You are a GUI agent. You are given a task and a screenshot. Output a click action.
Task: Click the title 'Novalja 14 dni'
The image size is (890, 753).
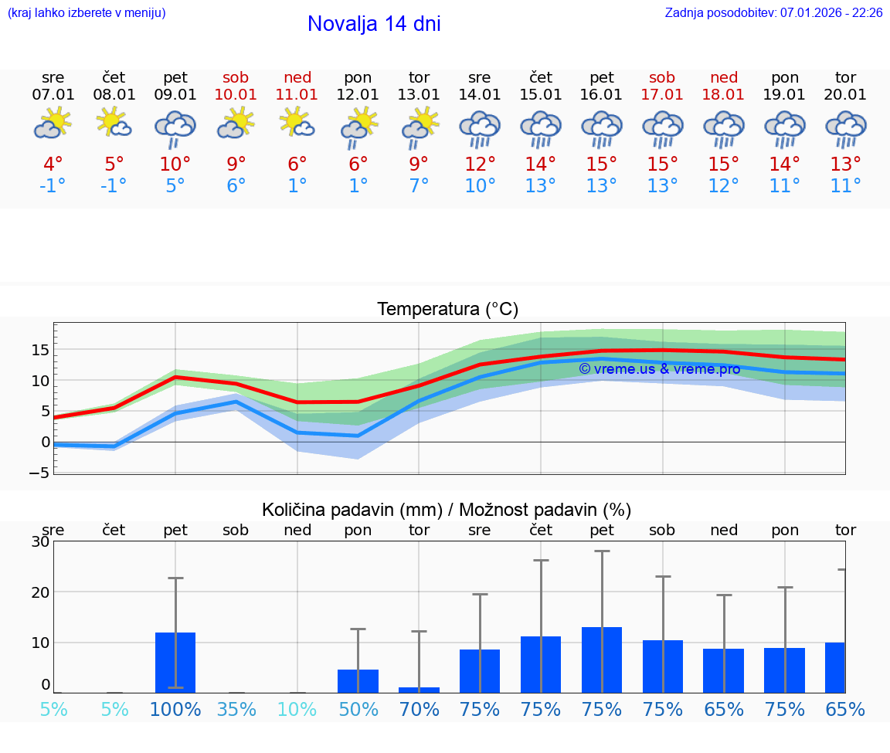click(374, 24)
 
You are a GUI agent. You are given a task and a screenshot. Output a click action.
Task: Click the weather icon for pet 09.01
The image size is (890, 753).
click(175, 128)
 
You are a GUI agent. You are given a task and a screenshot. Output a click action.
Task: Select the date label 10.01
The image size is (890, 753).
click(236, 95)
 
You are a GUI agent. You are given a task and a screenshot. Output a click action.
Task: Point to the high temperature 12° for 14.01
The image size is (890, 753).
click(480, 165)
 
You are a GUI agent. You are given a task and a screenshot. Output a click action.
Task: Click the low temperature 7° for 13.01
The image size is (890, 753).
click(419, 186)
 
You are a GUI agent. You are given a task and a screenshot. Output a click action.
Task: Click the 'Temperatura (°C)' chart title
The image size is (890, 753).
click(447, 310)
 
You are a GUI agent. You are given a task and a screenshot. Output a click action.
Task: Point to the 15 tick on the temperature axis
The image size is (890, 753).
click(40, 350)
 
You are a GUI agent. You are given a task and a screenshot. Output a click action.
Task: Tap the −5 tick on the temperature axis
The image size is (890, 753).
click(40, 472)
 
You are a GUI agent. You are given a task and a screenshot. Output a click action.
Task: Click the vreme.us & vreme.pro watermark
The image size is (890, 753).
click(659, 369)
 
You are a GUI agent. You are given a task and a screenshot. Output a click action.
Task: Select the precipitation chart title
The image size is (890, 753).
click(447, 510)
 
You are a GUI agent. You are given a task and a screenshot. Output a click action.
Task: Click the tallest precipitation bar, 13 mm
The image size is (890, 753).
click(602, 660)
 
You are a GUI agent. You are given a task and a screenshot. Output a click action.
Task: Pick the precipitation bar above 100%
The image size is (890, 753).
click(175, 663)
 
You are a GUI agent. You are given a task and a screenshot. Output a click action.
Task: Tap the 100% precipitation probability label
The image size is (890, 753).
click(175, 710)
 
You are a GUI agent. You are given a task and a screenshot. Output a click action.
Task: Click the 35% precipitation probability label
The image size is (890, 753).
click(236, 710)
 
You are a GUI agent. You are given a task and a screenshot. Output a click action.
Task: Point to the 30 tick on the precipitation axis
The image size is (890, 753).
click(40, 541)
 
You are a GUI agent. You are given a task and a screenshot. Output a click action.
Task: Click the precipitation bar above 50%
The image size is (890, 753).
click(358, 681)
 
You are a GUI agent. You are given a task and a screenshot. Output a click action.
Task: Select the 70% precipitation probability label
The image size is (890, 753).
click(419, 710)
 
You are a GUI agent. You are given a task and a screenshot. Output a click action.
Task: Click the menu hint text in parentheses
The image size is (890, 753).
click(87, 13)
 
